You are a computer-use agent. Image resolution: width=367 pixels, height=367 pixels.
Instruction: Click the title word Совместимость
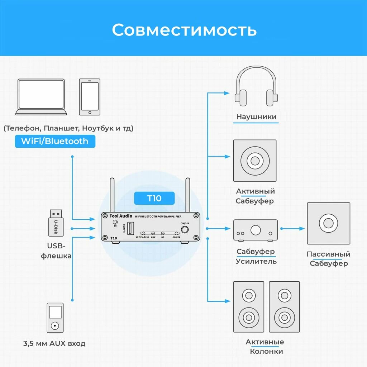[184, 30]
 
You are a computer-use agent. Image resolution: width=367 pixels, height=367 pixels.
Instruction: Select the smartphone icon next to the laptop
[90, 97]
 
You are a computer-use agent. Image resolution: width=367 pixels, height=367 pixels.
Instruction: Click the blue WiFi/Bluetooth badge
[55, 141]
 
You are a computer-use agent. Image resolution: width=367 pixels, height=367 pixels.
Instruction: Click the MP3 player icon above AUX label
[55, 318]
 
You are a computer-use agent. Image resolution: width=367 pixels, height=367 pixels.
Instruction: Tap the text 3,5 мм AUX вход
[54, 344]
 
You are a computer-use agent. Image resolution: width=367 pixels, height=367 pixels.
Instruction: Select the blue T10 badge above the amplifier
[154, 198]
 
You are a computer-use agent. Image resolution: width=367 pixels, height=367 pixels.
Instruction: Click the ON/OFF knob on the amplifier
[185, 229]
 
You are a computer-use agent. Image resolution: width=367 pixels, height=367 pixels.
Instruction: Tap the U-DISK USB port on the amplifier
[131, 228]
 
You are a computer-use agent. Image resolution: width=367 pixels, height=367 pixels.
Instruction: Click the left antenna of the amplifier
[112, 195]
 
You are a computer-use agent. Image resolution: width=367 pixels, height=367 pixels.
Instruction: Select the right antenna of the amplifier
[187, 195]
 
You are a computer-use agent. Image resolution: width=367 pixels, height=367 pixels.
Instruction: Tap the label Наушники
[256, 117]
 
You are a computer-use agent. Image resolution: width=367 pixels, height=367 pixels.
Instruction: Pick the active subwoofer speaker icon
[255, 161]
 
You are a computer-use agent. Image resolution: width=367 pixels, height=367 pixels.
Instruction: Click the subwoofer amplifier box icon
[256, 230]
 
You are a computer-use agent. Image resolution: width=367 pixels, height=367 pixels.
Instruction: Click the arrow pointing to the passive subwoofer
[293, 228]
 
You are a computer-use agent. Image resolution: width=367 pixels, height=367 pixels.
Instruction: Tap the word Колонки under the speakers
[266, 351]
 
